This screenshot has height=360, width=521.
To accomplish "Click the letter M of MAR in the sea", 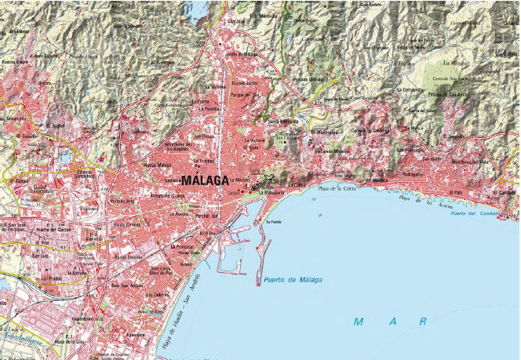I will (359, 322).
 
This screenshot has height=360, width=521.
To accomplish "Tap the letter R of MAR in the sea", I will (423, 322).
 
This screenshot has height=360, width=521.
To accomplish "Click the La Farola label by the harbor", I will (273, 222).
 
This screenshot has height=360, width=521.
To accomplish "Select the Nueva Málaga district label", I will (158, 165).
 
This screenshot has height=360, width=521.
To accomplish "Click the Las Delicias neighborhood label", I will (157, 295).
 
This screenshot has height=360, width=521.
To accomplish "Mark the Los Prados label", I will (52, 278).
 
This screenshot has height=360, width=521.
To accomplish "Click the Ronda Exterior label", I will (129, 256).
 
